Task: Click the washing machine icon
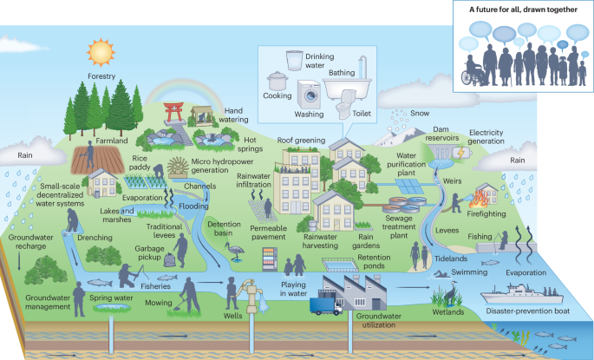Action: tap(308, 93)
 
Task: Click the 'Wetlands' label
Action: tap(448, 311)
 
